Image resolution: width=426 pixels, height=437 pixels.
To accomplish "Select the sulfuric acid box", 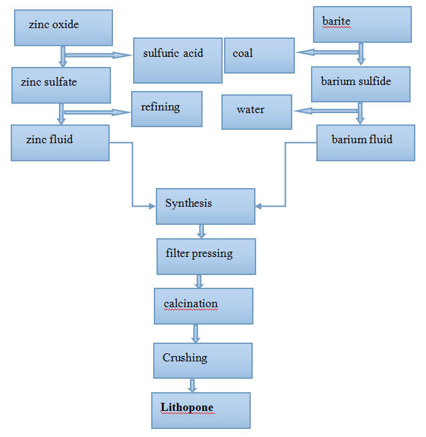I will (177, 59).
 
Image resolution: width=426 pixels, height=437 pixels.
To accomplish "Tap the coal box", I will (259, 55).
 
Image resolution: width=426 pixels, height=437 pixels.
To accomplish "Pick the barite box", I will (362, 25).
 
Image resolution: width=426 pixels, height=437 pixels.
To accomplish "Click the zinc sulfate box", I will (61, 85).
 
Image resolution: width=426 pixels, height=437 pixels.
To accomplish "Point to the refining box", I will (167, 109).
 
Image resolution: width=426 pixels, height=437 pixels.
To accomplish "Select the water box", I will (257, 112).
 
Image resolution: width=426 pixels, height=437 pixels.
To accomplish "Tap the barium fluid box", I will (361, 143).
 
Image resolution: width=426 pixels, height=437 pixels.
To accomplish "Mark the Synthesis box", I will (205, 206).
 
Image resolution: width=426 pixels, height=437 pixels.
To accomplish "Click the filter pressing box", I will (206, 256).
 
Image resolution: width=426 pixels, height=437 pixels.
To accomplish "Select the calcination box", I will (203, 306).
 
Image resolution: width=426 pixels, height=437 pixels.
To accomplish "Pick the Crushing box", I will (202, 360).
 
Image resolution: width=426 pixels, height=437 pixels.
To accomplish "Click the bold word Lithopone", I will (187, 407).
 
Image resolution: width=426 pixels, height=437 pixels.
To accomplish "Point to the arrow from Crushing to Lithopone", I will (192, 385).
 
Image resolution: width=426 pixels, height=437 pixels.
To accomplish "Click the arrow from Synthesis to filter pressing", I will (201, 232).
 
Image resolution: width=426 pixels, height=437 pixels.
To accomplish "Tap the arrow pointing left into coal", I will (328, 51).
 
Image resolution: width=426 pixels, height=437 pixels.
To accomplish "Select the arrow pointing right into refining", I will (97, 112).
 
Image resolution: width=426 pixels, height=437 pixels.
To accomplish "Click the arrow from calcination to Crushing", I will (195, 333).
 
